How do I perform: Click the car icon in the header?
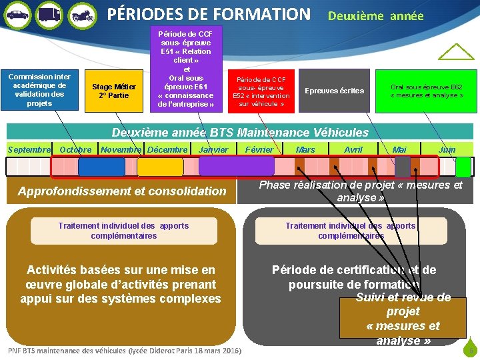click(x=17, y=13)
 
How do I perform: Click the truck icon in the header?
click(x=49, y=13)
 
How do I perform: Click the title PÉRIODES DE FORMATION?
click(x=209, y=13)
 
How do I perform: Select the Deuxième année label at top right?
click(x=375, y=15)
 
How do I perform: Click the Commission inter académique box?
click(x=39, y=90)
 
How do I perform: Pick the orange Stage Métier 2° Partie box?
click(x=114, y=91)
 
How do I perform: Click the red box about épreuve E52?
click(x=261, y=91)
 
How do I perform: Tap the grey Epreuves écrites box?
click(x=334, y=91)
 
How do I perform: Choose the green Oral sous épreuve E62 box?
click(x=427, y=91)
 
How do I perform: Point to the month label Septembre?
click(x=29, y=149)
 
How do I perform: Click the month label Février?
click(x=259, y=149)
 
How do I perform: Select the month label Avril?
click(x=353, y=149)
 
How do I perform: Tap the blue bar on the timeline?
click(x=101, y=166)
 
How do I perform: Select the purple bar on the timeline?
click(x=227, y=166)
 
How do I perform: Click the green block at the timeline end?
click(x=463, y=167)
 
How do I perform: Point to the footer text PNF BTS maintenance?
click(x=125, y=351)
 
